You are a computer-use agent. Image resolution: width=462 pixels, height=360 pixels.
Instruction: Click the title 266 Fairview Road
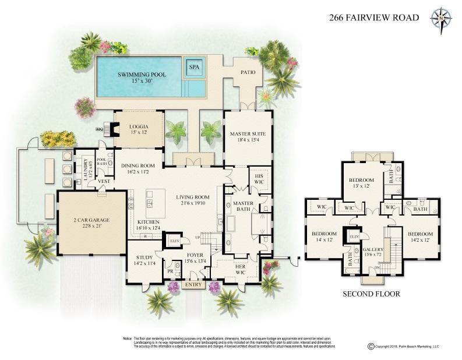coord(374,17)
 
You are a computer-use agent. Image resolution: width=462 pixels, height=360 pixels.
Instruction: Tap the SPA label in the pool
coord(194,68)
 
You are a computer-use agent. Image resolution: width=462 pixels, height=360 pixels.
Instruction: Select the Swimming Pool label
coord(142,75)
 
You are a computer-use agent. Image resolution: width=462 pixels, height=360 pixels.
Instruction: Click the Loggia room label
coord(137,126)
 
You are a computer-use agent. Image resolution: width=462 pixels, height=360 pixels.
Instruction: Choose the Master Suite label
coord(248,133)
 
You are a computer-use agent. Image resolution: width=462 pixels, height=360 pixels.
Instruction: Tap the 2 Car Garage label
coord(91,220)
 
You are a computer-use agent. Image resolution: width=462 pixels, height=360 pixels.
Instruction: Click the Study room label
coord(144,257)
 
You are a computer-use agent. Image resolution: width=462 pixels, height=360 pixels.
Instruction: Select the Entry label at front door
coord(191,285)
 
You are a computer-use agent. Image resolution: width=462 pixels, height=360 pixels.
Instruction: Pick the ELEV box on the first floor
coord(174,240)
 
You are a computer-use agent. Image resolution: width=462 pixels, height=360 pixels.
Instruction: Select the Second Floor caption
coord(371,294)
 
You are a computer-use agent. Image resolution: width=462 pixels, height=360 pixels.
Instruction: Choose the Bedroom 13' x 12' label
coord(361,181)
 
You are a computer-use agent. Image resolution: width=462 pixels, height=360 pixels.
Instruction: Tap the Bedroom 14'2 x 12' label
coord(420,234)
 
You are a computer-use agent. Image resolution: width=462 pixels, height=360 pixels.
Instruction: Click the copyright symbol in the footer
coord(371,346)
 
